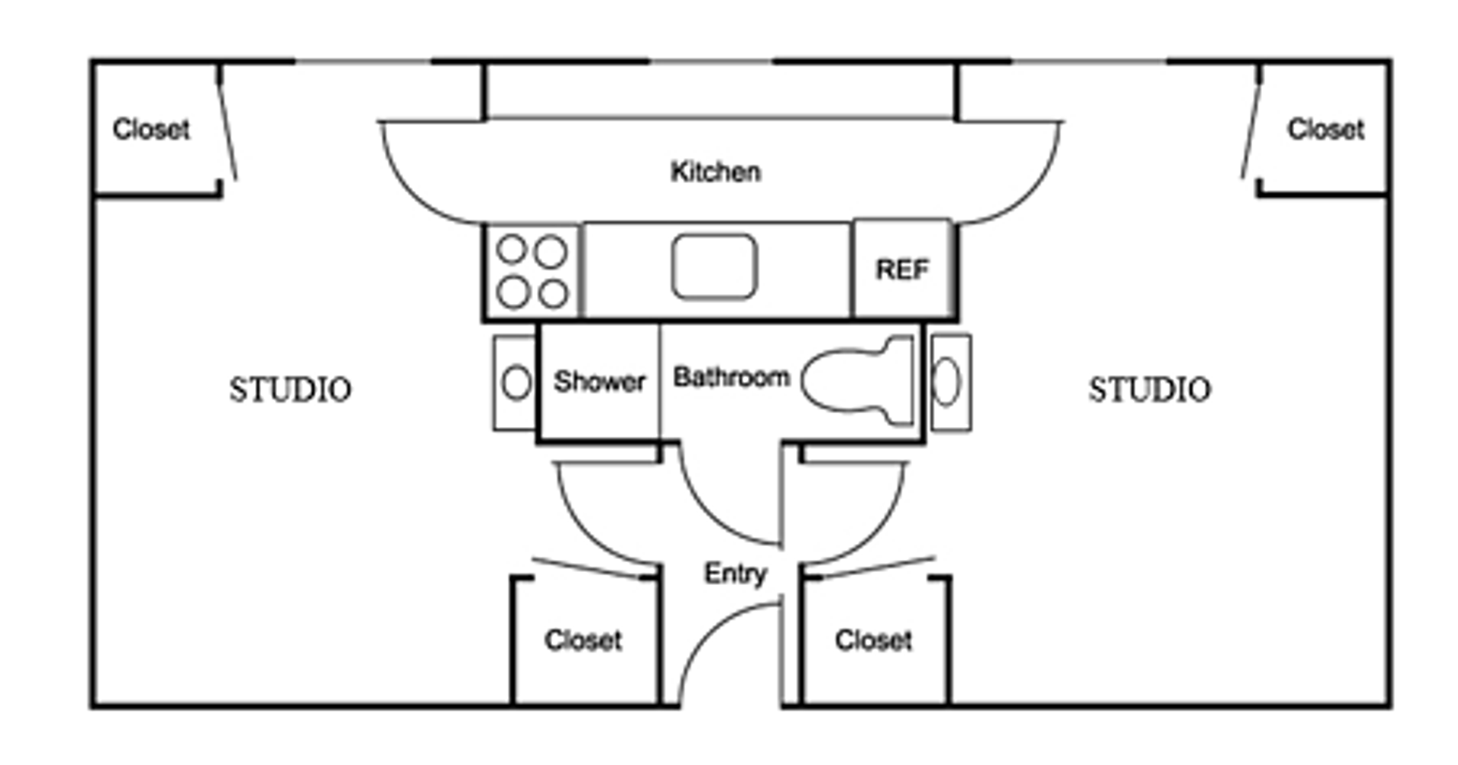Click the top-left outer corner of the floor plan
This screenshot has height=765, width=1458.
[x=93, y=61]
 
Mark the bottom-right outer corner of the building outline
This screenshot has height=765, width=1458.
[x=1390, y=707]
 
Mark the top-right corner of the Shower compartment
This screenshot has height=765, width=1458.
[x=659, y=324]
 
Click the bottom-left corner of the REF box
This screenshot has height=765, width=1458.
[x=854, y=317]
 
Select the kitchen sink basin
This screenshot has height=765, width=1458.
[x=714, y=266]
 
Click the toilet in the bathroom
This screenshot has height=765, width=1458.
[x=858, y=380]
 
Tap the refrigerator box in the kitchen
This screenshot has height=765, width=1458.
[x=902, y=269]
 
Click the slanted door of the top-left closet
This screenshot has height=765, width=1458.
[x=227, y=122]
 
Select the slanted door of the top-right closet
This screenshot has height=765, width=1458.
[x=1251, y=122]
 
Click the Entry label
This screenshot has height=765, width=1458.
[x=735, y=574]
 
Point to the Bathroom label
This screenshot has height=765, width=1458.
[x=731, y=378]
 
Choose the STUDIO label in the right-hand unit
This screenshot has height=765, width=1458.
[x=1150, y=390]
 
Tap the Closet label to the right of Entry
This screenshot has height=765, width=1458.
[x=873, y=640]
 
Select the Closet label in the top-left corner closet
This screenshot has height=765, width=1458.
[x=151, y=129]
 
